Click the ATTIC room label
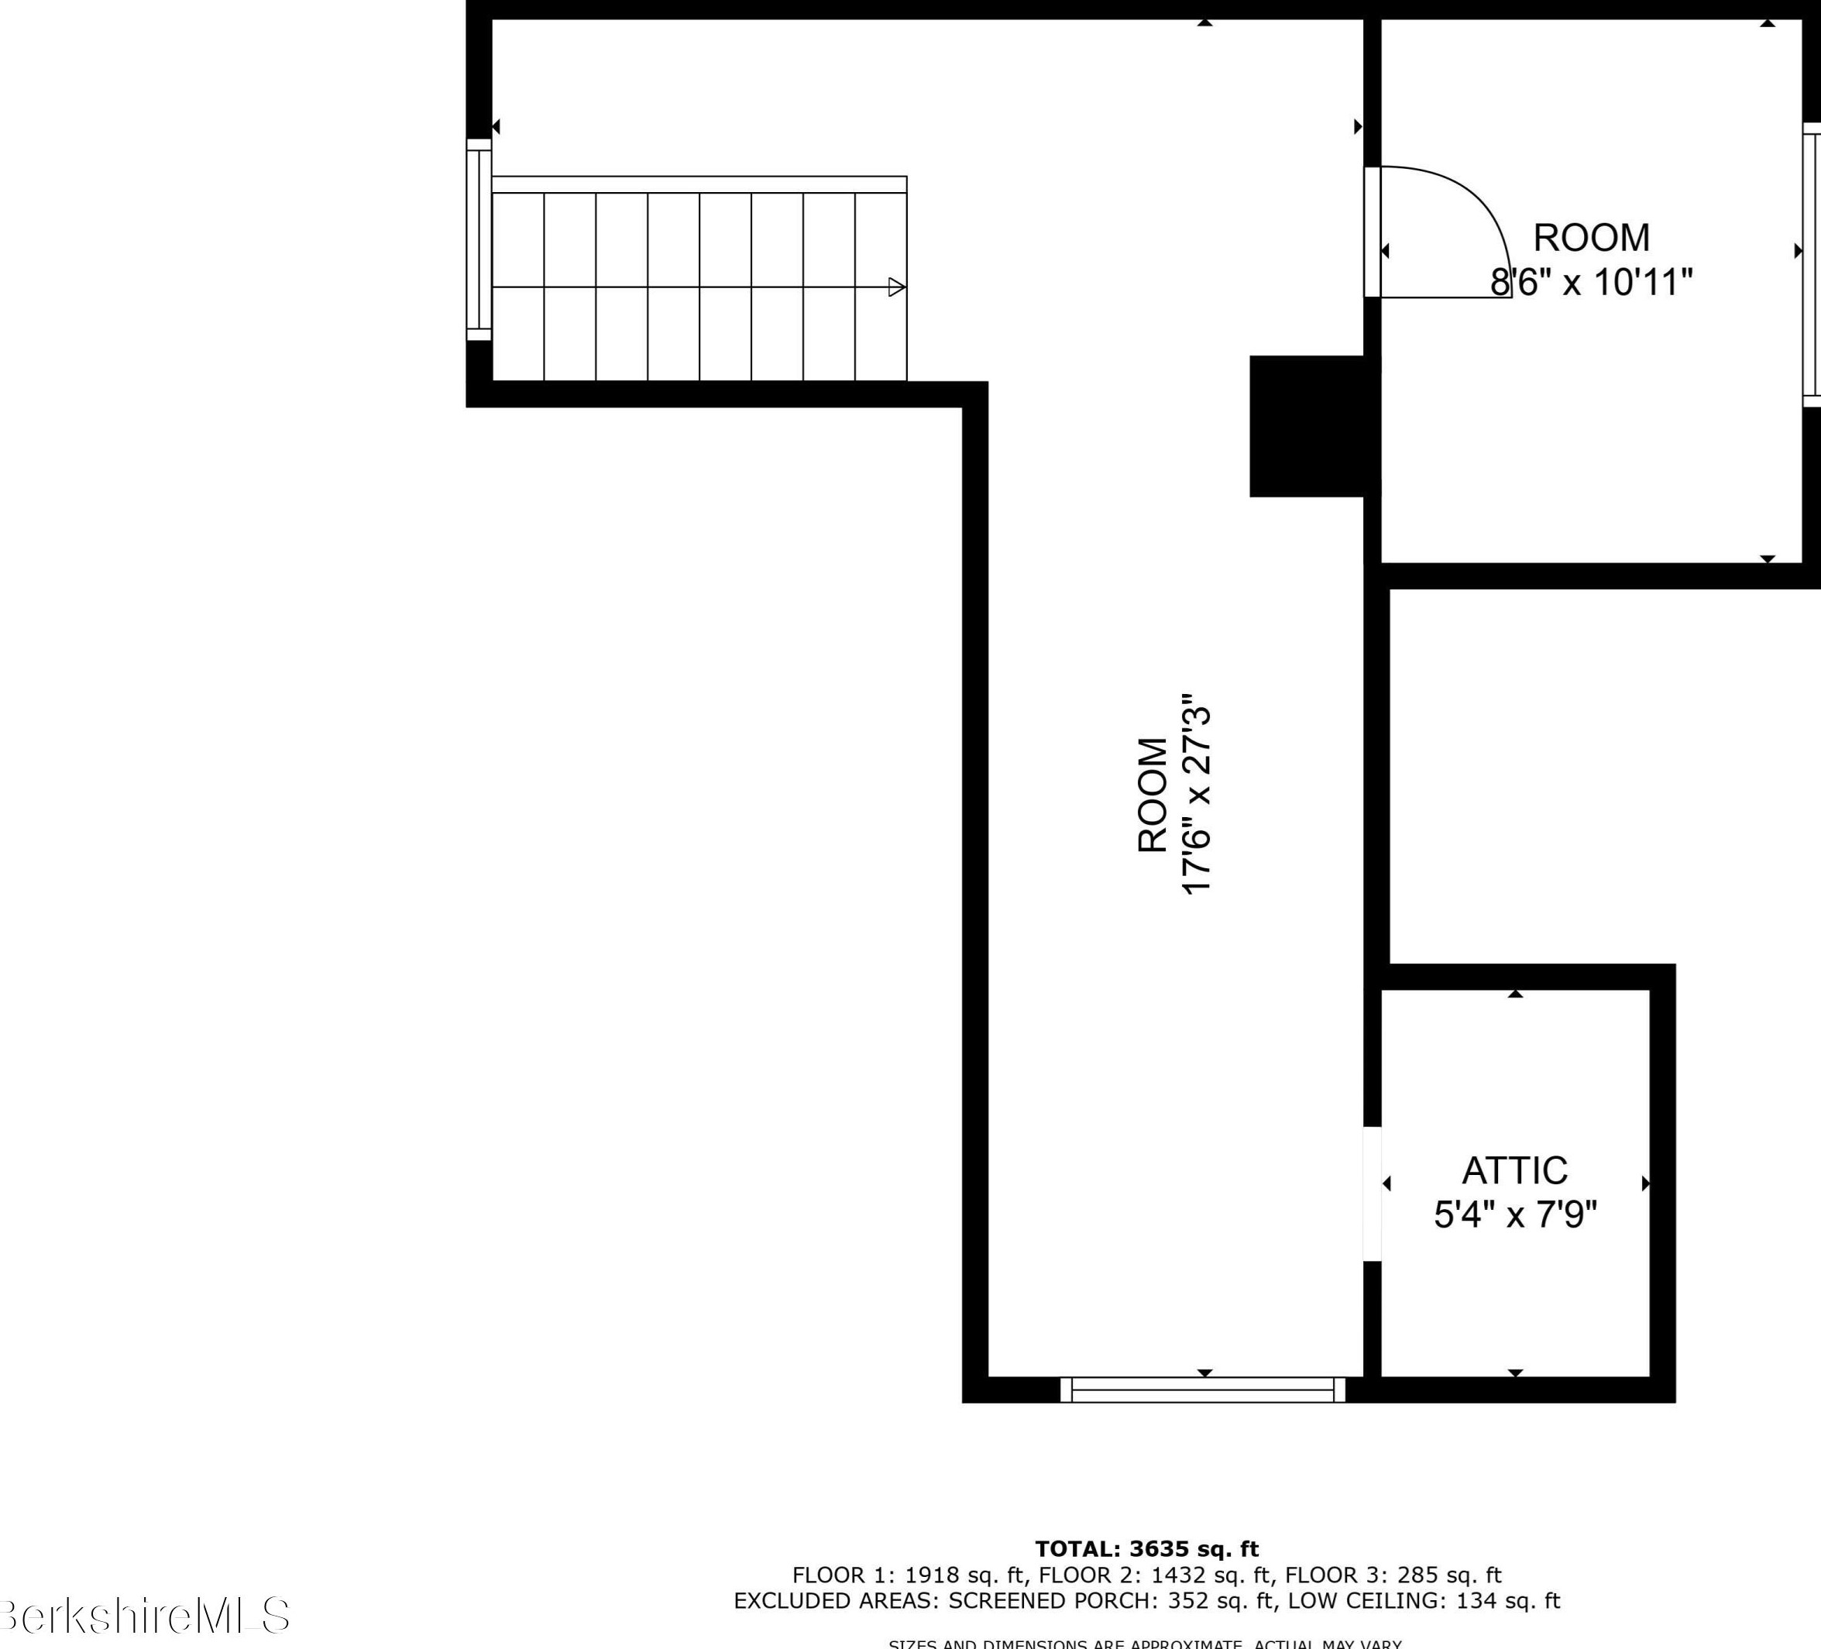click(x=1515, y=1170)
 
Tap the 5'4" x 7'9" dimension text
click(x=1515, y=1214)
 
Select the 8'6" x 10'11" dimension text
click(x=1591, y=282)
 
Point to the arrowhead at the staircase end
click(x=896, y=287)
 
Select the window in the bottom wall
click(x=1202, y=1390)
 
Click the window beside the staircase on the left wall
click(x=479, y=240)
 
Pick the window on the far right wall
click(x=1811, y=265)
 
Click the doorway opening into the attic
click(x=1372, y=1193)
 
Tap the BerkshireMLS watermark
click(x=145, y=1616)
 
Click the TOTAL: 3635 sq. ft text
click(x=1146, y=1550)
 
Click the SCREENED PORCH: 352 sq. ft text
click(x=1112, y=1601)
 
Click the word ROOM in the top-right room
click(x=1591, y=238)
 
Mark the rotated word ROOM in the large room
click(x=1152, y=795)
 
